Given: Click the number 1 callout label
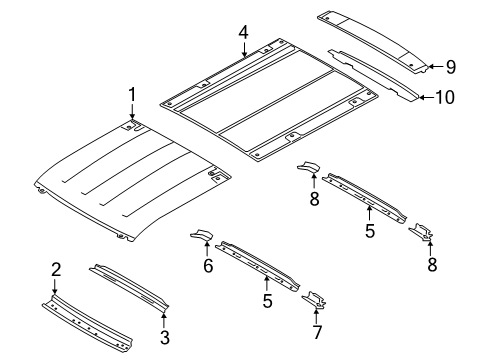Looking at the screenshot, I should tap(130, 95).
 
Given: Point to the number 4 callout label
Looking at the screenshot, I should tap(243, 33).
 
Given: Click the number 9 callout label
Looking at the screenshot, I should tap(451, 67).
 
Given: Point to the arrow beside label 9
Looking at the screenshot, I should tap(432, 66).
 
